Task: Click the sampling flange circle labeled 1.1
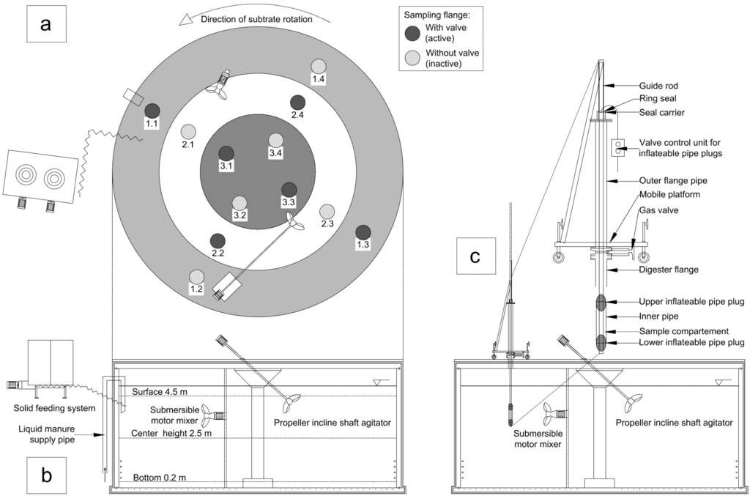point(152,111)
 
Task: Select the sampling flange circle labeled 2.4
point(297,103)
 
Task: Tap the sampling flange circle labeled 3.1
point(226,153)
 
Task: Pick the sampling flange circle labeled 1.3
point(363,232)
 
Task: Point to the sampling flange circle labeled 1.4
point(318,66)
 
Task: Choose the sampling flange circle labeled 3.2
point(240,203)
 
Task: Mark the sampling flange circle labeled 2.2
point(218,240)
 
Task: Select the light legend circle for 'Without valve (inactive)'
point(414,57)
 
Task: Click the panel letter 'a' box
point(46,24)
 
